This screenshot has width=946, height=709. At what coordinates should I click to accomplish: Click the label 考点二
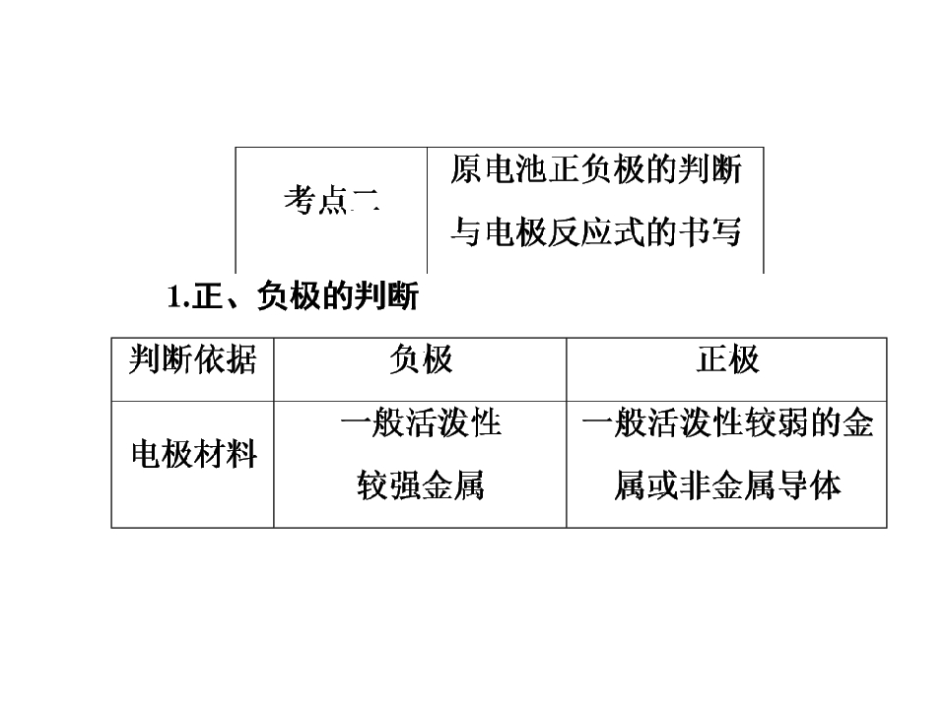[332, 200]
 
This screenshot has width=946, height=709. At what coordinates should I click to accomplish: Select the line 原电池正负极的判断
[596, 168]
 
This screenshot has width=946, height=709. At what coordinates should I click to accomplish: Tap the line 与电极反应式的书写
[596, 231]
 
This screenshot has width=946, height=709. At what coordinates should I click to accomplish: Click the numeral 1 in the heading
[174, 296]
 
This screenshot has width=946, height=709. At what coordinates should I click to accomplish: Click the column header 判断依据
[192, 360]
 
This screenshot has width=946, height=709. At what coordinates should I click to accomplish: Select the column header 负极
[421, 360]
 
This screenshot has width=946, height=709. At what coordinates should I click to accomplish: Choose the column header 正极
[727, 360]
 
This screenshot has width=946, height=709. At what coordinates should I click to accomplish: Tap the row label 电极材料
[194, 454]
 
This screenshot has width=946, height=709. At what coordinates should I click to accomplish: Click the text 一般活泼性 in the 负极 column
[421, 422]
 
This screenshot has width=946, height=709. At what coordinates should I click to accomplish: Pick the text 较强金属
[421, 485]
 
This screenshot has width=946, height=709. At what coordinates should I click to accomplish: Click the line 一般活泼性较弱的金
[727, 422]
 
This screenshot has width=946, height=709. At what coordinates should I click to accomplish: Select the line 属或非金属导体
[727, 485]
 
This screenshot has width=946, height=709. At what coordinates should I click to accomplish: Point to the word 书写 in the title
[710, 231]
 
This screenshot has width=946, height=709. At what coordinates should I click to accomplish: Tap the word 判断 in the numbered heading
[386, 296]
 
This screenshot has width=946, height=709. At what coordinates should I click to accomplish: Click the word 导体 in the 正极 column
[809, 485]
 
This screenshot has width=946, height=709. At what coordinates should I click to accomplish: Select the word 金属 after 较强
[453, 485]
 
